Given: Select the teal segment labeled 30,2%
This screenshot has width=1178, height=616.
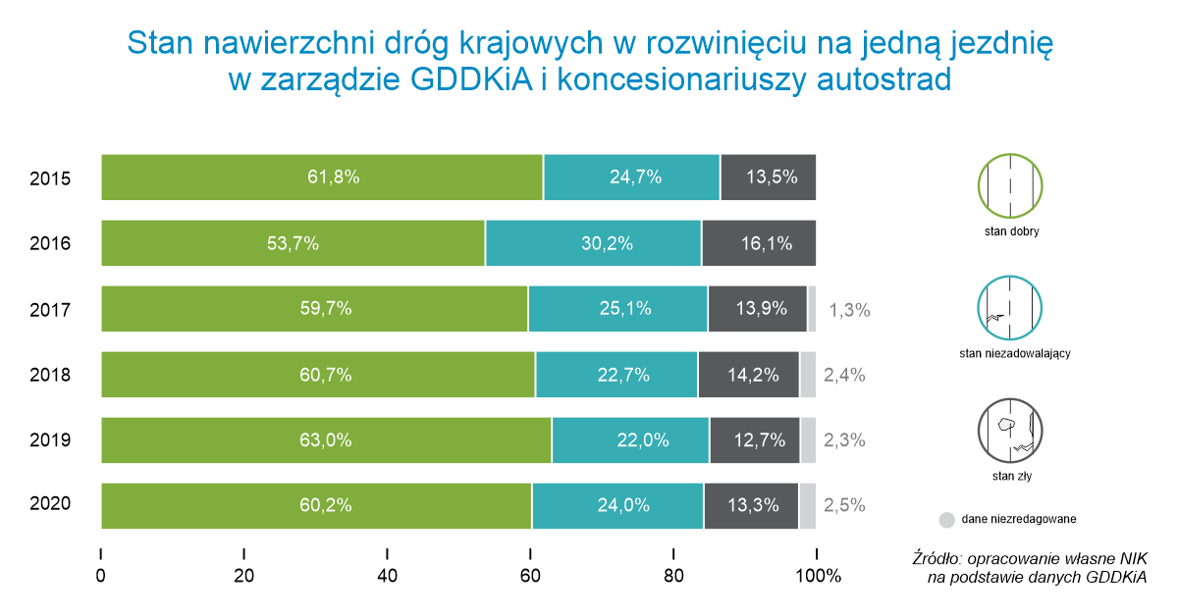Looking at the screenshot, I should coord(593,243).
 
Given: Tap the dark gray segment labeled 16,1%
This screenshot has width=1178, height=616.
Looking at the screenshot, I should coord(758,243).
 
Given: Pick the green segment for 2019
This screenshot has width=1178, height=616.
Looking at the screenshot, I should coord(326,440).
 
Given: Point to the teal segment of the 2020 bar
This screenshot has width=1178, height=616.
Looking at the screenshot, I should coord(617,506).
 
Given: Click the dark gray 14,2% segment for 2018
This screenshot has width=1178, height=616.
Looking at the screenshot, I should coord(748,375).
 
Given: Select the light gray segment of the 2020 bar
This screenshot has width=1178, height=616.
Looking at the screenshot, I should coord(807,506).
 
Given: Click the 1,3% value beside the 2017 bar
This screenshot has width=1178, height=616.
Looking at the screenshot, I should coord(849,310).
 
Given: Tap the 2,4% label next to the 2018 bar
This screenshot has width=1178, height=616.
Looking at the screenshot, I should coord(844,375).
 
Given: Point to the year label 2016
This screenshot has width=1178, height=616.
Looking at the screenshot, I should coord(50,243).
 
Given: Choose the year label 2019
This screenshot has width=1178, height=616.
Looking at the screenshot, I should coord(50,440).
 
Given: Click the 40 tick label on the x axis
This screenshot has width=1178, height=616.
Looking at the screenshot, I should coord(387,576).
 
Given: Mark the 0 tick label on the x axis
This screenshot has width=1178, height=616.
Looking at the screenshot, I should coord(101,576).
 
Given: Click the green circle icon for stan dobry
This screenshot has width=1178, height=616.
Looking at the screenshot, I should coord(1011,186).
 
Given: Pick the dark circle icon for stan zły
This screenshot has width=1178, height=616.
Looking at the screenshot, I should coord(1011,429).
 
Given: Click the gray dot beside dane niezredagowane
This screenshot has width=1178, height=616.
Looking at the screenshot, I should coord(946,519).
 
